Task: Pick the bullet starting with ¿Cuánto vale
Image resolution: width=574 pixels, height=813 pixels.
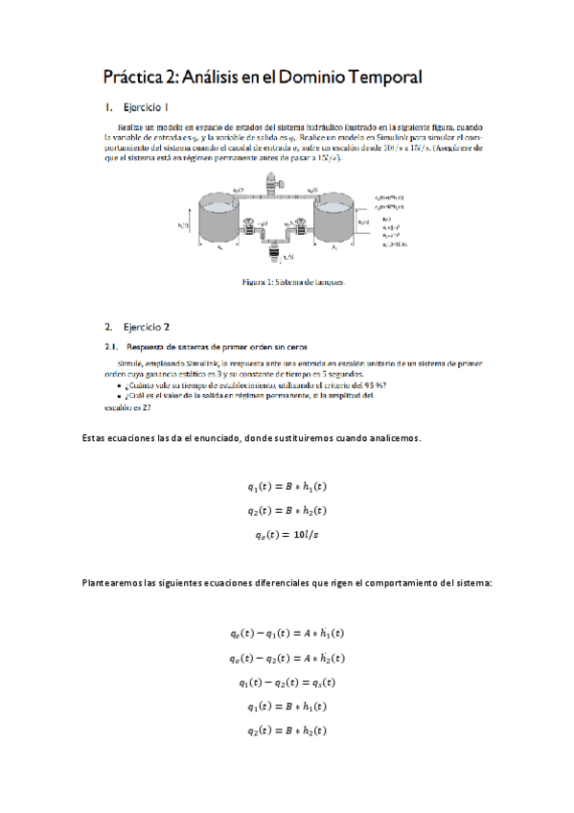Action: coord(253,384)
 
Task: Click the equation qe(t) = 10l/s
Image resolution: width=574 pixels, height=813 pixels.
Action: coord(287,535)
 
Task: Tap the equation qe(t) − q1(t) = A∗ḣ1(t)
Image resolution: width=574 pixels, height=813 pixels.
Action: coord(287,634)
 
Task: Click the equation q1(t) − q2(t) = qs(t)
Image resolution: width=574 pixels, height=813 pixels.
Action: coord(287,683)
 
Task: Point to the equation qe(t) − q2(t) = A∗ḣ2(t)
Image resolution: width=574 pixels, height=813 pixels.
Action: coord(287,658)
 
